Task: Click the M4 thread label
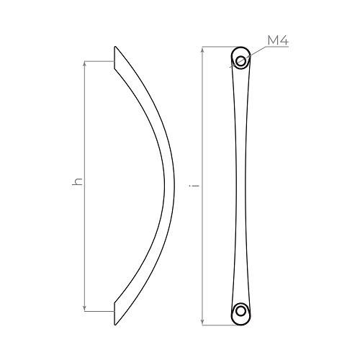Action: click(278, 40)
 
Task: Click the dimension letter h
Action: click(77, 181)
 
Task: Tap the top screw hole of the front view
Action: click(240, 60)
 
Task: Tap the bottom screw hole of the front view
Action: click(240, 311)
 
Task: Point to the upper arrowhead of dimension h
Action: click(84, 63)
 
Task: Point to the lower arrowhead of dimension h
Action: click(84, 309)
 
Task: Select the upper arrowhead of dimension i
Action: click(202, 49)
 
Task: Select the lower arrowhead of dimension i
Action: click(202, 323)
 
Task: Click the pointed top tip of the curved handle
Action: click(115, 47)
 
